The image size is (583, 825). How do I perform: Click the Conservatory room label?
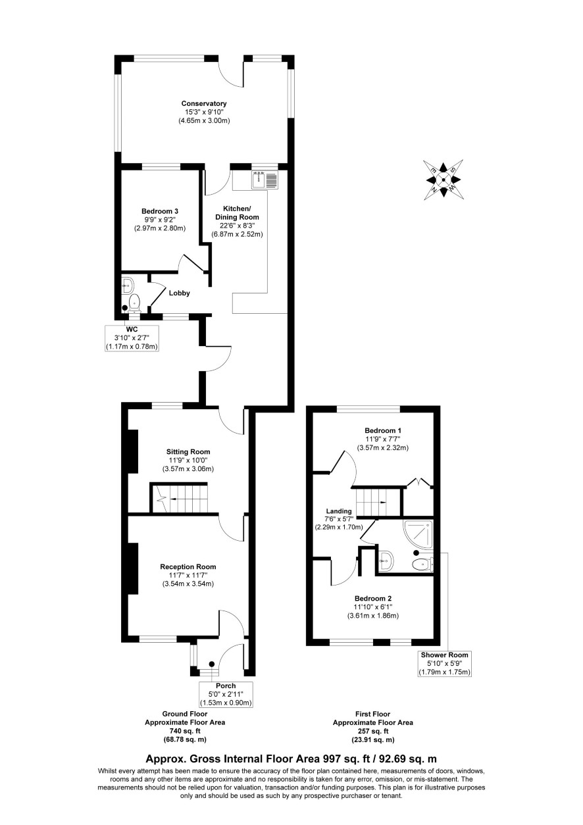204,103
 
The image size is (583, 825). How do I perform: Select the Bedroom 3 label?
160,211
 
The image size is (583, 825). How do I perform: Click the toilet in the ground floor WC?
135,303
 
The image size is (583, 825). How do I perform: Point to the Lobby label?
180,293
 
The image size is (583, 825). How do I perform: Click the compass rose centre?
444,180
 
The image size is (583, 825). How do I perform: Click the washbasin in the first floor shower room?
386,562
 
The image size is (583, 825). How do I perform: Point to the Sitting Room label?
188,451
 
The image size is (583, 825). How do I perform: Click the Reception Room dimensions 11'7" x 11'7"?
188,575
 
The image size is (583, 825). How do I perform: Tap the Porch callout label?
226,686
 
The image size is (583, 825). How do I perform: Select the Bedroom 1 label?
383,430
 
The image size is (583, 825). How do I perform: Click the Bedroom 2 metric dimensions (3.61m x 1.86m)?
373,615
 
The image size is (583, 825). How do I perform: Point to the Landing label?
339,511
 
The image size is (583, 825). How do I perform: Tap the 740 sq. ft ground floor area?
185,731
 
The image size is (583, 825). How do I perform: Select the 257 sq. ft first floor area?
372,731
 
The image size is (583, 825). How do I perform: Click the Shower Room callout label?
445,655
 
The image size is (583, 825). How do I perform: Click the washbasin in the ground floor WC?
128,285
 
